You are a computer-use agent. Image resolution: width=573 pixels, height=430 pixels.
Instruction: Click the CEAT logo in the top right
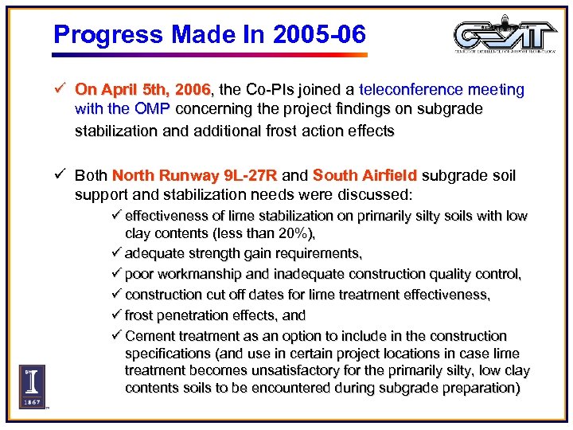[506, 36]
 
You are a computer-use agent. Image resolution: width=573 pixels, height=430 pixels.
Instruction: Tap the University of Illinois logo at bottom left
[32, 387]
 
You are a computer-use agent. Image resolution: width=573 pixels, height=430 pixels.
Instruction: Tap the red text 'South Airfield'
[365, 175]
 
